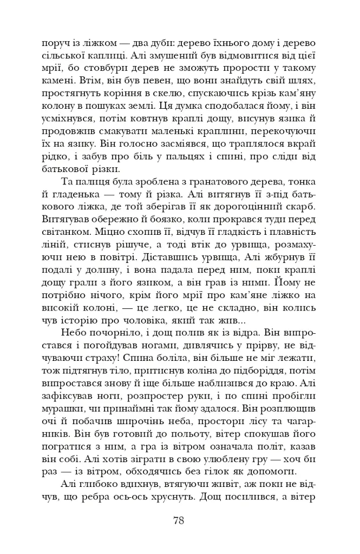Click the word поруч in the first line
(53, 43)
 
